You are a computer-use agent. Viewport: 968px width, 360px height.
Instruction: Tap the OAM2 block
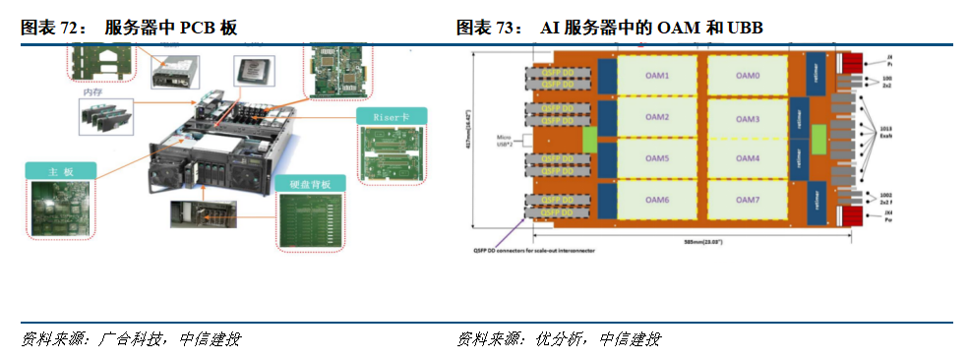(656, 118)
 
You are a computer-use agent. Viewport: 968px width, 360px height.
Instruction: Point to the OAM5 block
(656, 159)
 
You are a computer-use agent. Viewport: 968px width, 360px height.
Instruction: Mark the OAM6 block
(656, 201)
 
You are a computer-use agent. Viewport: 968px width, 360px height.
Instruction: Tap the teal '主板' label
(61, 170)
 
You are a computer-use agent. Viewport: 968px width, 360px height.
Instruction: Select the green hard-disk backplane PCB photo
(312, 221)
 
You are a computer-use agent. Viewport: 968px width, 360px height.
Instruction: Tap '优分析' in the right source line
(557, 339)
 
